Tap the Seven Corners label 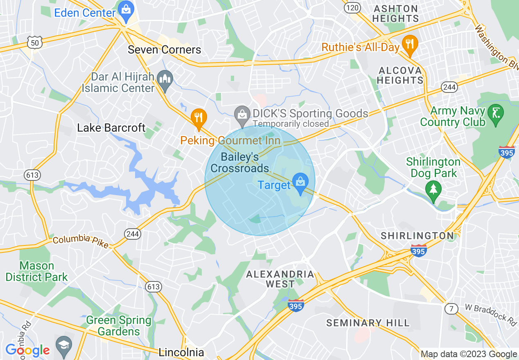pyautogui.click(x=164, y=50)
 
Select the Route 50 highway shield pyautogui.click(x=35, y=42)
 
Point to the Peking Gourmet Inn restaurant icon pyautogui.click(x=199, y=118)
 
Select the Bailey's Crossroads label pyautogui.click(x=240, y=162)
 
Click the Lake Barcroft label pyautogui.click(x=111, y=128)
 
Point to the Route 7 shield pyautogui.click(x=451, y=308)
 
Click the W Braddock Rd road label pyautogui.click(x=491, y=313)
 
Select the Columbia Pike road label pyautogui.click(x=81, y=241)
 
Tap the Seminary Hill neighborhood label pyautogui.click(x=368, y=323)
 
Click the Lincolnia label pyautogui.click(x=181, y=352)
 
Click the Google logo pyautogui.click(x=28, y=350)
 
